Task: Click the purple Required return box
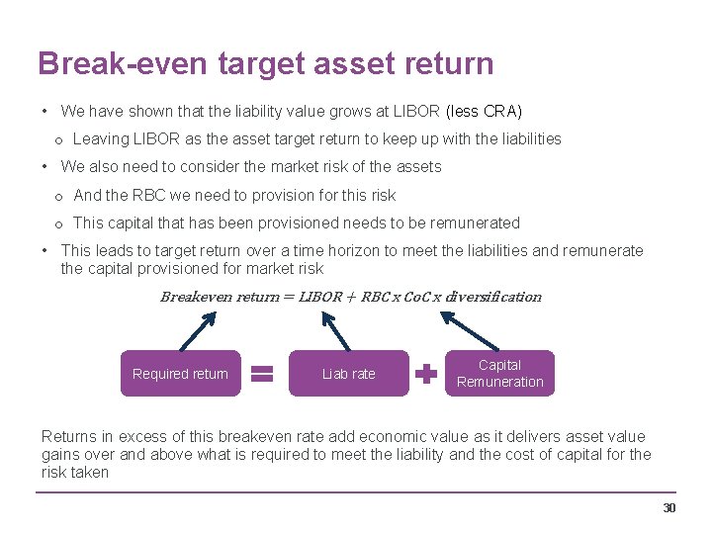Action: [180, 374]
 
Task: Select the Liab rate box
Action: [348, 374]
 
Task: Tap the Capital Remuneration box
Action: [499, 374]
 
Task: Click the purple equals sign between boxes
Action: [261, 374]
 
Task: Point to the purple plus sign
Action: [425, 374]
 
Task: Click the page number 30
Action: [669, 508]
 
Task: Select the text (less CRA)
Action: [484, 111]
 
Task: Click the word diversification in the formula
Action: [493, 297]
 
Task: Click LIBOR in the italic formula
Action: [320, 297]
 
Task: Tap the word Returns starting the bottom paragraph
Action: [70, 436]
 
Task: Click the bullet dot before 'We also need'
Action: [45, 167]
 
